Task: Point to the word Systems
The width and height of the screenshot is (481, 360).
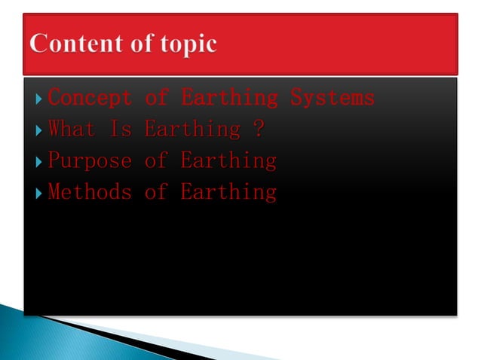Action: [x=332, y=98]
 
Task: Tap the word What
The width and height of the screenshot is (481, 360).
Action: [x=72, y=130]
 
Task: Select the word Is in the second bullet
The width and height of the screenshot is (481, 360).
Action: [x=121, y=130]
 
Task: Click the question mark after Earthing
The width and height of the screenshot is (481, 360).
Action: [x=259, y=130]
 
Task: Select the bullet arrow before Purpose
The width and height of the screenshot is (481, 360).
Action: [x=38, y=161]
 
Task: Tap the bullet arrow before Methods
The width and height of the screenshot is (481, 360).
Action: [x=38, y=193]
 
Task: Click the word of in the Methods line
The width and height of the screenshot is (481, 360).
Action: [x=155, y=192]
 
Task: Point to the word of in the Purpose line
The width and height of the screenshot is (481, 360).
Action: [x=155, y=161]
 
